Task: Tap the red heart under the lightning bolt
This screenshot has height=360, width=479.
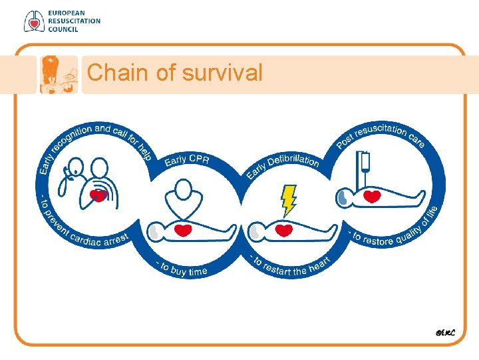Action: coord(284,231)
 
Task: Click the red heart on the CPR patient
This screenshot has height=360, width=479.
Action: coord(183,231)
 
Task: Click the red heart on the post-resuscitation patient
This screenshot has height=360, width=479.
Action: coord(373,197)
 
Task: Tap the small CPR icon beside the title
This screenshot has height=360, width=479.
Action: coord(59,73)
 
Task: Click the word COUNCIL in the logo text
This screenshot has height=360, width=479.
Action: coord(63,29)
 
